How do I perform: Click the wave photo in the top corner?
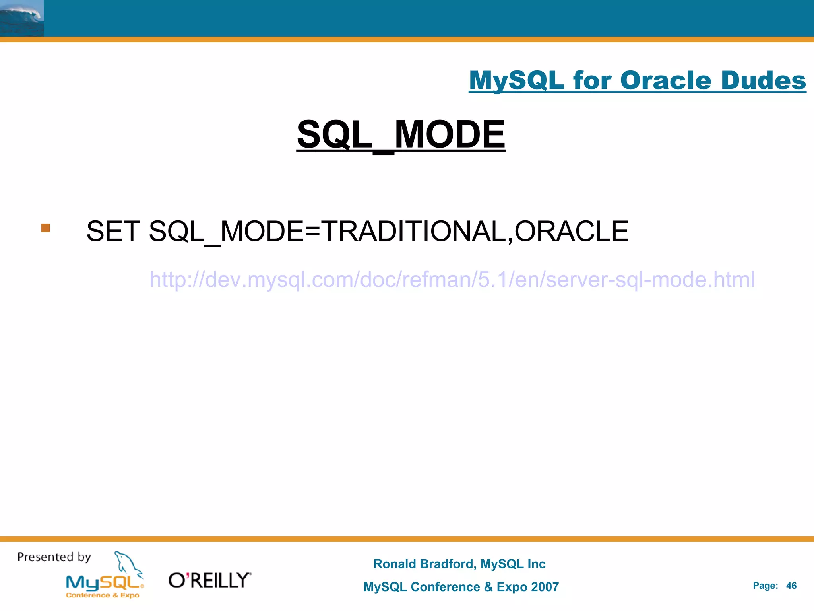(21, 18)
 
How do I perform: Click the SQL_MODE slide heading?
(401, 134)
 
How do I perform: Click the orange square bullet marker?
(46, 228)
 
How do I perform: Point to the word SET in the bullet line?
(113, 231)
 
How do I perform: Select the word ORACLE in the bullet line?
(571, 231)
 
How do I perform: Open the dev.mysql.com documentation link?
(452, 279)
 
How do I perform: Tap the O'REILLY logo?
(209, 580)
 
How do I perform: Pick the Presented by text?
(54, 557)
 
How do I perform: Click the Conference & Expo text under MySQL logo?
(103, 595)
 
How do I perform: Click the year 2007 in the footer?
(545, 587)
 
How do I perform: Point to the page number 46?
(791, 586)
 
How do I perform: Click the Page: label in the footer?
(765, 586)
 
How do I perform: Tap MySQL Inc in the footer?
(513, 564)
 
